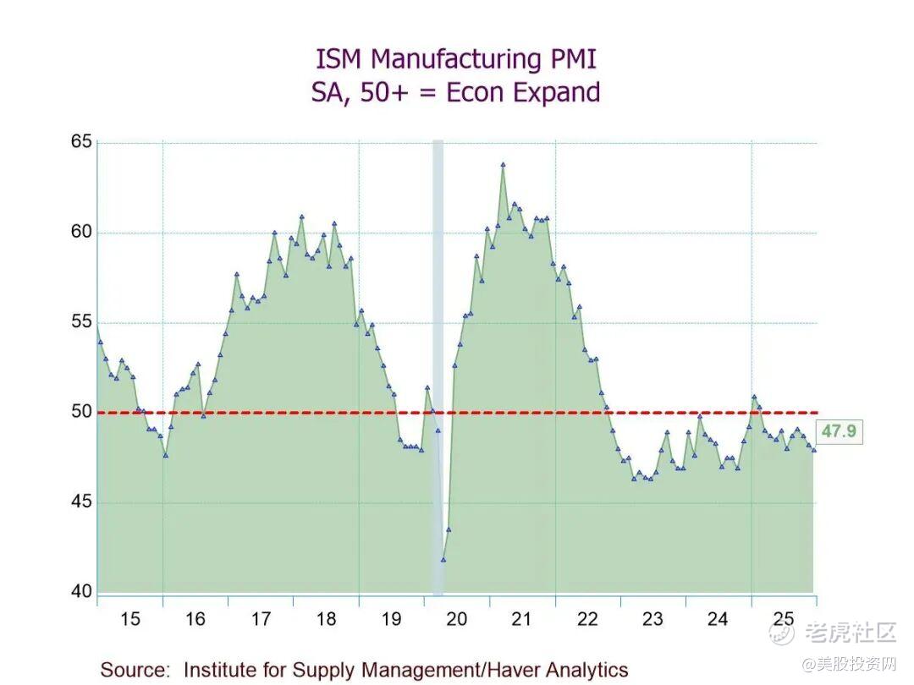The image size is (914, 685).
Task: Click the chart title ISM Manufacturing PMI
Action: pyautogui.click(x=455, y=60)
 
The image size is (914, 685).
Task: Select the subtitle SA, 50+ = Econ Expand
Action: pyautogui.click(x=455, y=92)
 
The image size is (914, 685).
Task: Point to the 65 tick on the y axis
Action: pyautogui.click(x=80, y=141)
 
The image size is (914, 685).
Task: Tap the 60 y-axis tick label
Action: pyautogui.click(x=80, y=232)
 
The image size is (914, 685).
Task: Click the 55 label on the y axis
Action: pyautogui.click(x=80, y=321)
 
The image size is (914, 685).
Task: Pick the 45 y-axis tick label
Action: pyautogui.click(x=80, y=502)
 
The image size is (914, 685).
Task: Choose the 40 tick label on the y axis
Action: pyautogui.click(x=80, y=592)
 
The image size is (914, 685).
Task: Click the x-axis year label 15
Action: pyautogui.click(x=129, y=619)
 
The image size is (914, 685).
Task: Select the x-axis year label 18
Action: pyautogui.click(x=326, y=619)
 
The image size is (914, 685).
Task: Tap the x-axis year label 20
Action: pyautogui.click(x=456, y=619)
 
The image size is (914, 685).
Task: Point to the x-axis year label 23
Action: pyautogui.click(x=652, y=619)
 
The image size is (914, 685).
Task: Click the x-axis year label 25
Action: pyautogui.click(x=784, y=619)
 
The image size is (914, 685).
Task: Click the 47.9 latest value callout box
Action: pyautogui.click(x=839, y=431)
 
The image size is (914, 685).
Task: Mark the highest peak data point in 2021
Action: pyautogui.click(x=503, y=165)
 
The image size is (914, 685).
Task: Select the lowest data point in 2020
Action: pyautogui.click(x=443, y=559)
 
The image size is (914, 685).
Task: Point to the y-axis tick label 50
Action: pyautogui.click(x=80, y=412)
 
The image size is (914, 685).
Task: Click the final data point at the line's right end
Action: pyautogui.click(x=814, y=450)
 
